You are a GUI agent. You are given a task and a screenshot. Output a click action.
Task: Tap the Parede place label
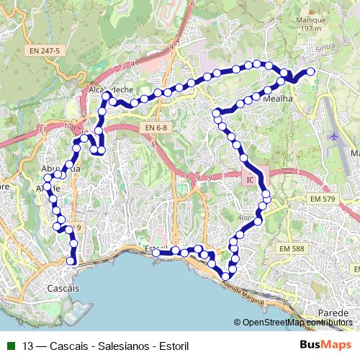coord(333,313)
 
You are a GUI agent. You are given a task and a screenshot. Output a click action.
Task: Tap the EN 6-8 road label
coord(155,127)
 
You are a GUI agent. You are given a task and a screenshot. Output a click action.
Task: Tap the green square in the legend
coord(10,346)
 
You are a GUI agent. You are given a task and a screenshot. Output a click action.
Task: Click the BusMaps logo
coord(325,346)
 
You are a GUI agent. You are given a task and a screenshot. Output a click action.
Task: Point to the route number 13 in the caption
coord(27,346)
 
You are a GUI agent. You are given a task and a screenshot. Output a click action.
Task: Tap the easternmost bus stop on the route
coord(311,71)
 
